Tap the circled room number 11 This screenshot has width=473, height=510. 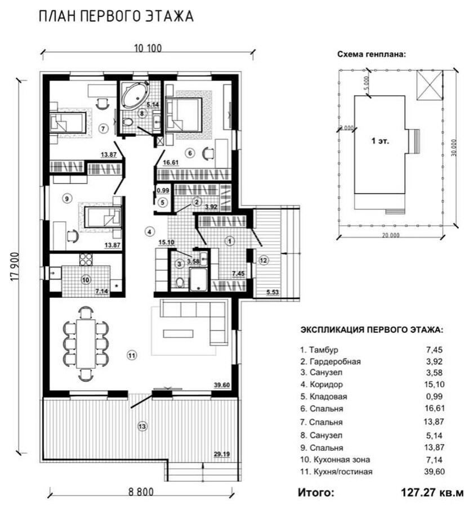(131, 355)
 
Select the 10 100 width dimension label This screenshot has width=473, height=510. (148, 48)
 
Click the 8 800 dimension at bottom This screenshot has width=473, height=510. (141, 491)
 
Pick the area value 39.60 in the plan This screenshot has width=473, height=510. (222, 385)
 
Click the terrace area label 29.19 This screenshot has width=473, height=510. (222, 454)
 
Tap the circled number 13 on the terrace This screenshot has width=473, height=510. (142, 426)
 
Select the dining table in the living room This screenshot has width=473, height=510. (86, 344)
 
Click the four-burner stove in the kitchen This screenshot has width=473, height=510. (86, 260)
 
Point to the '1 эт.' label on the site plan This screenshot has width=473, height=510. (380, 141)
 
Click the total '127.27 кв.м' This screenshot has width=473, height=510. (432, 492)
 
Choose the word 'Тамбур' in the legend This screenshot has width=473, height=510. (323, 350)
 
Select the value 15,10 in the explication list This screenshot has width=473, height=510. (434, 384)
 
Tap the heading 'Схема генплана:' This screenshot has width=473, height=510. (372, 54)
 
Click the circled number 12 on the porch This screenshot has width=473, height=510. (263, 260)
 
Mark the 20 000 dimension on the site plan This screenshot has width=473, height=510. (390, 235)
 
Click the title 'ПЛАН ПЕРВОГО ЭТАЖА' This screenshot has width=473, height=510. (116, 16)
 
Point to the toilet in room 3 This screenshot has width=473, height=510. (179, 283)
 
